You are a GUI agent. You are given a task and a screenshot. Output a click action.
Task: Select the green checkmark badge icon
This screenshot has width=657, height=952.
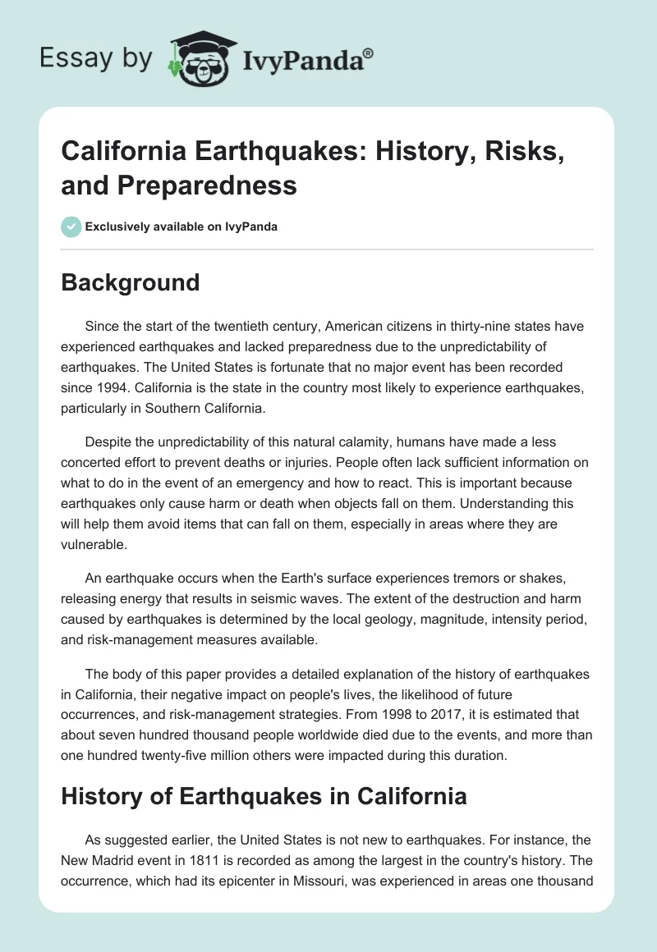tap(71, 227)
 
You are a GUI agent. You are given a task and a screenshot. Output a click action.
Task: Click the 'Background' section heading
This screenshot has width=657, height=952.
tap(130, 282)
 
